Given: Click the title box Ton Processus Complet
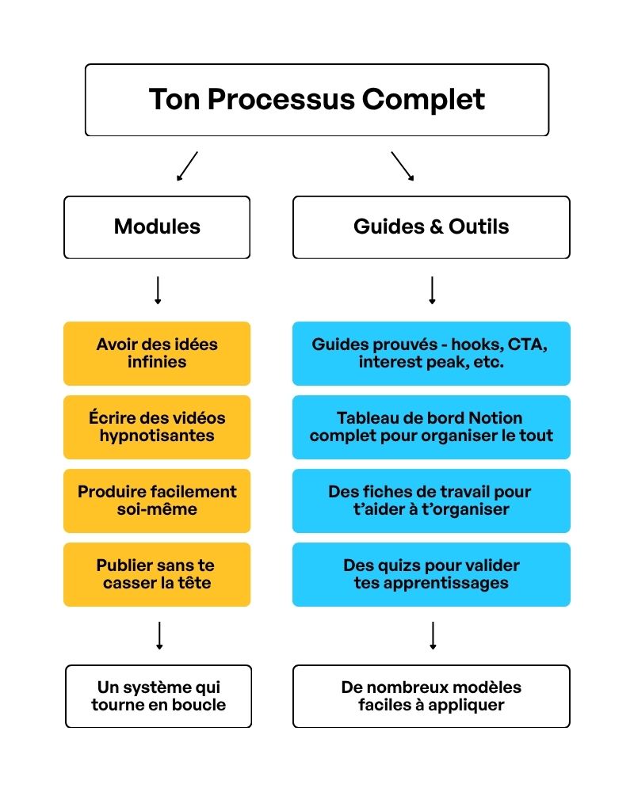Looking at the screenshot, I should tap(317, 100).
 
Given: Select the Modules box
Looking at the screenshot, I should tap(157, 227).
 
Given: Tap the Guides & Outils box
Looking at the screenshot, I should tap(431, 227).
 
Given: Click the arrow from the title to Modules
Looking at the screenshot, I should tap(187, 166).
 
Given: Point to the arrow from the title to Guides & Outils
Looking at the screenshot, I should tap(403, 166).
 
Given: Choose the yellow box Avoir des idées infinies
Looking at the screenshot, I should tap(157, 353).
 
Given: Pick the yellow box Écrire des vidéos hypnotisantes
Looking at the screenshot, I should tap(157, 427).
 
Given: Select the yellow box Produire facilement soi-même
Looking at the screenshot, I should tap(157, 501).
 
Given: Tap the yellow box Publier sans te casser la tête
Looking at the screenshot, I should tap(157, 574).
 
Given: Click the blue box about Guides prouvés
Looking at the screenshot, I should tap(431, 353).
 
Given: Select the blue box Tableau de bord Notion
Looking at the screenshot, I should tap(431, 427).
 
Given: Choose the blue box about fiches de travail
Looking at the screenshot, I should tap(431, 501).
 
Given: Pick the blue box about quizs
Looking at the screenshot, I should tap(431, 574).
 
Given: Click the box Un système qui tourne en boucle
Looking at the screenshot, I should tap(158, 696).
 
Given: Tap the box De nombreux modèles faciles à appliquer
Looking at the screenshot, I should tap(431, 696).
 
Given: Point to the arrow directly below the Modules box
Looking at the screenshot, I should tap(158, 291).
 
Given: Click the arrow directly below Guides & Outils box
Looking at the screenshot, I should tap(432, 291).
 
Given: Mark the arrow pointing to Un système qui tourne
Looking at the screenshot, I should tap(159, 636).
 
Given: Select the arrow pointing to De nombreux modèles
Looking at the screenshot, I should tap(433, 636).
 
